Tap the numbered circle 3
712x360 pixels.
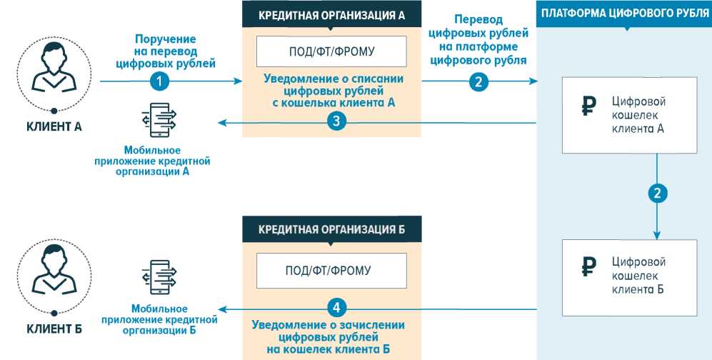pos(339,122)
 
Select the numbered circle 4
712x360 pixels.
pos(338,308)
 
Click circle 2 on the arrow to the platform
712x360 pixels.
pos(478,82)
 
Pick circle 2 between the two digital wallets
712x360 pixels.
pos(657,193)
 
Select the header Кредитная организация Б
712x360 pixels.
pos(331,229)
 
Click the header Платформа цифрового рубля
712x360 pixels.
pos(624,14)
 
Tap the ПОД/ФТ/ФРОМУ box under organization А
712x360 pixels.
pos(331,51)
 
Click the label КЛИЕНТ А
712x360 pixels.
pos(54,127)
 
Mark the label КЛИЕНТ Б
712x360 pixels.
pos(54,329)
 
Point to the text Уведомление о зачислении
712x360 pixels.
pos(329,324)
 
